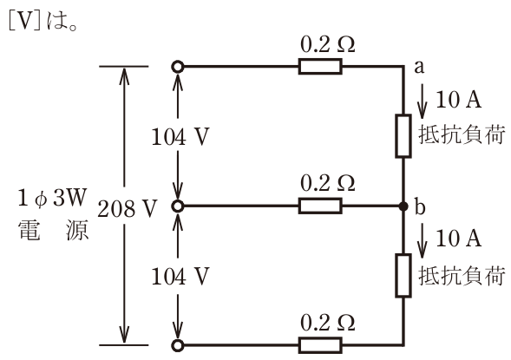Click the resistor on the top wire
320,67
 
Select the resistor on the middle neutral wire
320,206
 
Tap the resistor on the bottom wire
320,345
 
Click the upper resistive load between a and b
403,136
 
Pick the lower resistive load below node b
403,276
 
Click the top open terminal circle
178,67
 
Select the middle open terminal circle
178,206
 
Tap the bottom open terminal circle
178,345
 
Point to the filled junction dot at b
403,206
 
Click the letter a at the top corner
419,67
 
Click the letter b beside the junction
420,206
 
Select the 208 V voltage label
128,208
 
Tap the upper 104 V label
180,136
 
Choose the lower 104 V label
180,277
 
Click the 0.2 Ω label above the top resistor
328,44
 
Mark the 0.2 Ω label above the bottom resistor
328,323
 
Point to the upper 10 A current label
459,99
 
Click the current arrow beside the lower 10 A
423,241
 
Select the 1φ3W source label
52,198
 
